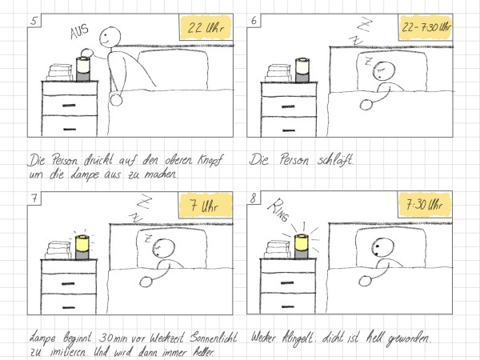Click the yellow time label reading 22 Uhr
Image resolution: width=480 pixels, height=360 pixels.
pos(206,27)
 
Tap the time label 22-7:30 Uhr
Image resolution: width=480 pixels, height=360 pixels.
pos(426,27)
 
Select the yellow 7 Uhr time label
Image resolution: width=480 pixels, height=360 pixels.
pos(206,206)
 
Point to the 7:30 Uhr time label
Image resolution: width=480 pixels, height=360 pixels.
pos(425,205)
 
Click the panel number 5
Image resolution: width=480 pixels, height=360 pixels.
pos(34,21)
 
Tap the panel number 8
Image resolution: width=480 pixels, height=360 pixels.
pos(253,198)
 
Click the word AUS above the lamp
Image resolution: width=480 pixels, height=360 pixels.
pos(79,31)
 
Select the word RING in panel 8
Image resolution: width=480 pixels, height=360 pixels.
pos(278,210)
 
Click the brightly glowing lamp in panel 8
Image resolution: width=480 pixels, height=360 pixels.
pos(302,246)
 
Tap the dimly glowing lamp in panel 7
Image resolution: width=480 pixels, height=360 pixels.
pos(82,247)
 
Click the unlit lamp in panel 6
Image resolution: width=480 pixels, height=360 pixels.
pos(302,70)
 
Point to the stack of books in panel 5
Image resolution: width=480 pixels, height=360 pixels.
pos(60,73)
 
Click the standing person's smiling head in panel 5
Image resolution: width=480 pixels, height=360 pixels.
pos(110,37)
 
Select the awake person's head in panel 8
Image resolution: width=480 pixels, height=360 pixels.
pos(383,248)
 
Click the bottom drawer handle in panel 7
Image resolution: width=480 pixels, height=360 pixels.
pos(68,307)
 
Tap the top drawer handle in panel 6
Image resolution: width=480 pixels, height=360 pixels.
pos(288,106)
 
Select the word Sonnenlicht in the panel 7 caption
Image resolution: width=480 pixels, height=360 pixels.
pos(214,338)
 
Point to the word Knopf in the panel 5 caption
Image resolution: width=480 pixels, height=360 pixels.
pos(210,161)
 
